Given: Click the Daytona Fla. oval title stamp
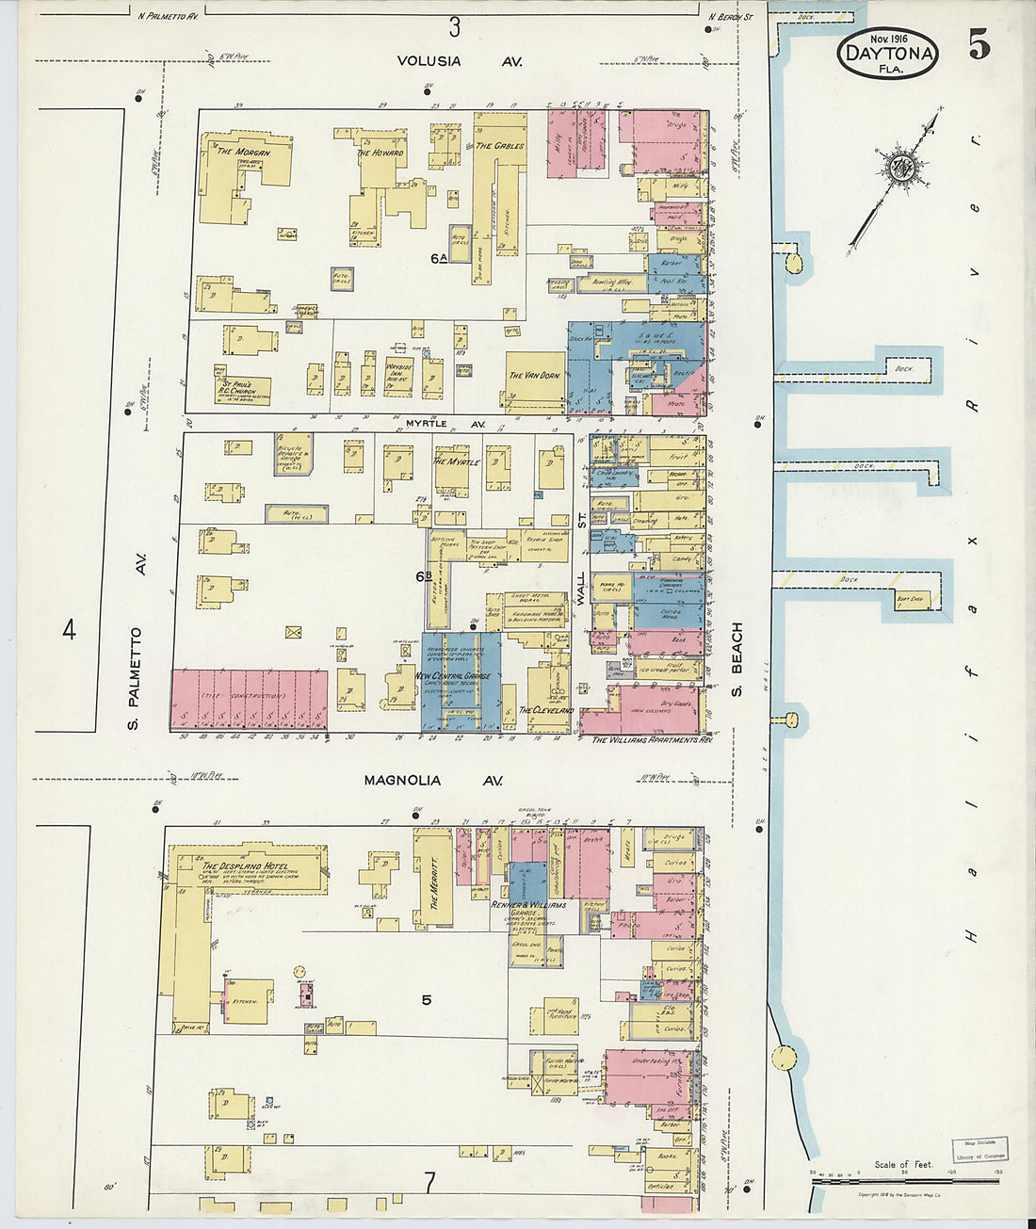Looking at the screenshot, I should [888, 53].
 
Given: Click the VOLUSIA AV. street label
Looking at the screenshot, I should [459, 61].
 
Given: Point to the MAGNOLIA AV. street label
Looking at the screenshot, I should [433, 781].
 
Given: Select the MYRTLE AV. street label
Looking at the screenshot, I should [445, 425].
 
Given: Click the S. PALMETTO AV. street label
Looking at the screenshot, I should [137, 679].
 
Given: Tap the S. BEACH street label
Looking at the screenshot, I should [737, 659].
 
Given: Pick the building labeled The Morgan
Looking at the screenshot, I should [243, 152].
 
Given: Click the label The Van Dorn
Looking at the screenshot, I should [534, 376].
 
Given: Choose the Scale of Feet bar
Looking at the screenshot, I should [905, 1180].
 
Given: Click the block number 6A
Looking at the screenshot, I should [439, 258].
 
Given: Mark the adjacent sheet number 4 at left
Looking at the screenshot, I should [69, 629].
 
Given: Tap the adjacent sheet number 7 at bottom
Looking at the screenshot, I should [429, 1183].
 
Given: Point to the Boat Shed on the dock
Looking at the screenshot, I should [909, 597].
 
